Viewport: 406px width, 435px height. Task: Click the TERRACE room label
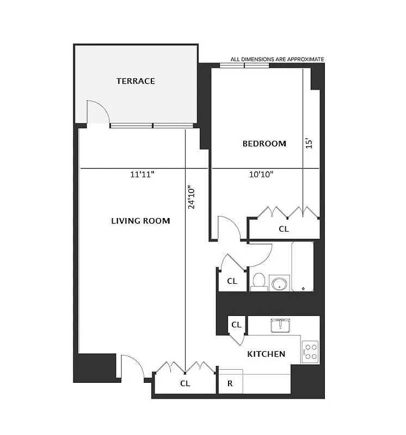[136, 81]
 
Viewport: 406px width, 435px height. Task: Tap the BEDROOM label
[264, 144]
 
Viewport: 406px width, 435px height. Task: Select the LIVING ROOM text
[140, 221]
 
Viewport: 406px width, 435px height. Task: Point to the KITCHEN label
[266, 354]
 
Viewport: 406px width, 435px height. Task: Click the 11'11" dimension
[142, 175]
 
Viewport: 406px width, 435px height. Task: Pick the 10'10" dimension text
[261, 175]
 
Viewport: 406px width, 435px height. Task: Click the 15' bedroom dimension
[309, 143]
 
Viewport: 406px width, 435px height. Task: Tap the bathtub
[302, 266]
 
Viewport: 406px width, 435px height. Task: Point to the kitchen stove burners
[310, 351]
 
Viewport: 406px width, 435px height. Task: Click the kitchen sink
[281, 325]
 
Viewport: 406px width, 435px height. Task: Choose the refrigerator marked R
[230, 383]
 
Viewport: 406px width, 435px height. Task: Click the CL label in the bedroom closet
[284, 229]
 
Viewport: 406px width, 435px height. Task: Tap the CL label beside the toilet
[232, 281]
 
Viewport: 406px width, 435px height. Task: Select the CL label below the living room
[185, 383]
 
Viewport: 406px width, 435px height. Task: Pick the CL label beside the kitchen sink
[236, 325]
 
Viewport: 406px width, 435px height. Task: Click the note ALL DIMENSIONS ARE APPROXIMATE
[277, 59]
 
